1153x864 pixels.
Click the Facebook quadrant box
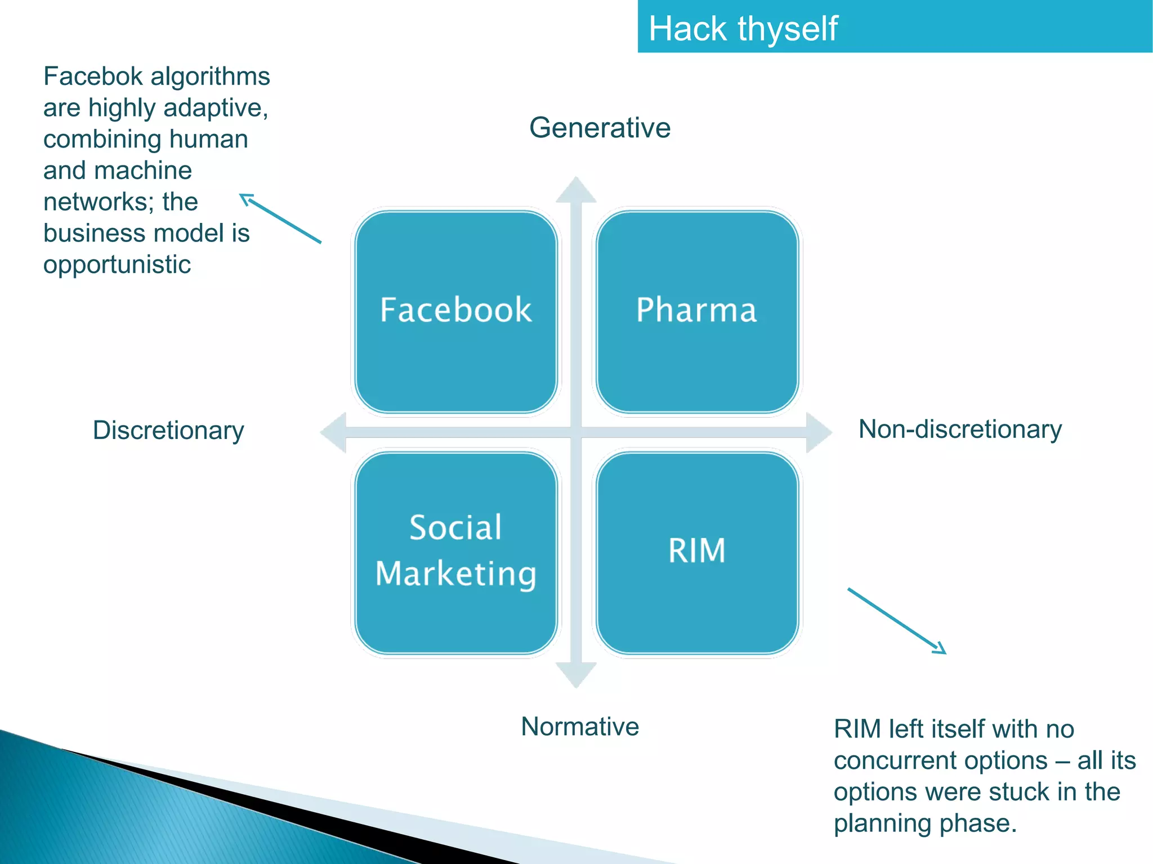pyautogui.click(x=456, y=311)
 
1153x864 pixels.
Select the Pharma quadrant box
pyautogui.click(x=697, y=311)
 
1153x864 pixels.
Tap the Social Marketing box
pyautogui.click(x=456, y=552)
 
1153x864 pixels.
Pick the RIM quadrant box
pyautogui.click(x=697, y=552)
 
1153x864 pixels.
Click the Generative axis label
pyautogui.click(x=600, y=128)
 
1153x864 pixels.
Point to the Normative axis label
pyautogui.click(x=580, y=727)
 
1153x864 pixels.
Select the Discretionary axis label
pyautogui.click(x=168, y=431)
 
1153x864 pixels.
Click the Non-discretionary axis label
pyautogui.click(x=960, y=429)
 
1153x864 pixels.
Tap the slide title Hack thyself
pyautogui.click(x=743, y=29)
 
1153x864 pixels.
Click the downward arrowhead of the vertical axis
pyautogui.click(x=576, y=674)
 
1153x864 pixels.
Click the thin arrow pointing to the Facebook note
pyautogui.click(x=280, y=218)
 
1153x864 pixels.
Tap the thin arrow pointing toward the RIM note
pyautogui.click(x=897, y=621)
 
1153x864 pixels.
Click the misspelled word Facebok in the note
pyautogui.click(x=93, y=77)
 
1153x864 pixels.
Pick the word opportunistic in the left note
pyautogui.click(x=117, y=265)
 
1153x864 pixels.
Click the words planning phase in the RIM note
pyautogui.click(x=925, y=823)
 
